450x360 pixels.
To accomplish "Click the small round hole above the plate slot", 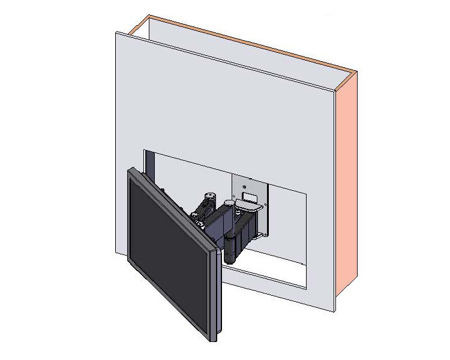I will pyautogui.click(x=245, y=187).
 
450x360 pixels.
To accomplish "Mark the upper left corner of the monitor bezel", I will pyautogui.click(x=128, y=170).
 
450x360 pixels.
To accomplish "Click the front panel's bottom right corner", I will pyautogui.click(x=334, y=311).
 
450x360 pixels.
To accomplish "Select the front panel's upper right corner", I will pyautogui.click(x=334, y=90).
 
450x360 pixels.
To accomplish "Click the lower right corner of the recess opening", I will pyautogui.click(x=307, y=288).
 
